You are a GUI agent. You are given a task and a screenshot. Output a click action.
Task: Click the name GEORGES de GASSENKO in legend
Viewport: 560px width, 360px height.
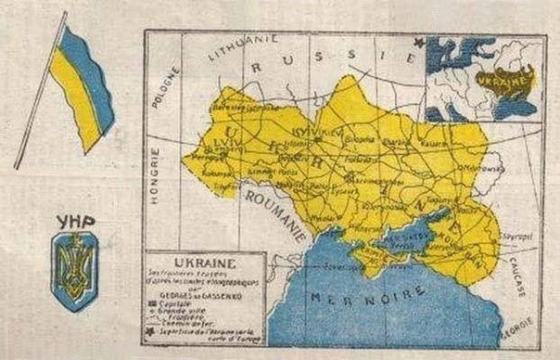pos(193,296)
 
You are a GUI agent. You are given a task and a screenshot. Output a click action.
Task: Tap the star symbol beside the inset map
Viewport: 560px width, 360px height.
pos(418,42)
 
